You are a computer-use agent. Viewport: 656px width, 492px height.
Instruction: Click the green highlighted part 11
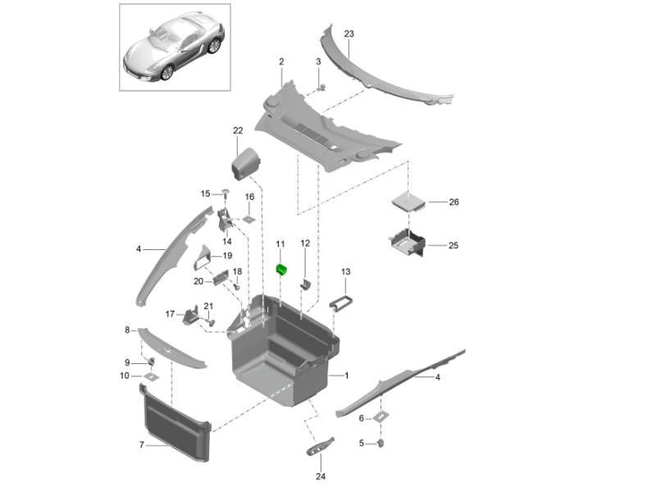click(x=281, y=270)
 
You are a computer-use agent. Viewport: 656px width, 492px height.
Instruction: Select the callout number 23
click(x=348, y=34)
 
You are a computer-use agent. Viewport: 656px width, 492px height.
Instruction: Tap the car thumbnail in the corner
click(x=173, y=46)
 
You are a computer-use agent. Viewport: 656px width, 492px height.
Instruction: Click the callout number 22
click(x=238, y=130)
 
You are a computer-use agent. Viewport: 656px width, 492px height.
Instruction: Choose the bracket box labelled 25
click(x=408, y=243)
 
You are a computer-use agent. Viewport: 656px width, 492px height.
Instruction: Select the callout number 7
click(x=142, y=444)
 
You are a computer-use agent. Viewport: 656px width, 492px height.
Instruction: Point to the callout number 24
click(x=321, y=476)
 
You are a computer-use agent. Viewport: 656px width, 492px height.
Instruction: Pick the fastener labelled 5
click(x=382, y=444)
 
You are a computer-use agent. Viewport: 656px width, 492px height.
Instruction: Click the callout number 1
click(x=347, y=376)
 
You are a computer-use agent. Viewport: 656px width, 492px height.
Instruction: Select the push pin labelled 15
click(x=223, y=193)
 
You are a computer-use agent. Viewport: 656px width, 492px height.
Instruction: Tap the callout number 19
click(x=228, y=256)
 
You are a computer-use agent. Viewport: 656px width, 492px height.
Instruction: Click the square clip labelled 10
click(x=151, y=376)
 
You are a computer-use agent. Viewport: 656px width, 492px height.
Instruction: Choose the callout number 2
click(x=281, y=61)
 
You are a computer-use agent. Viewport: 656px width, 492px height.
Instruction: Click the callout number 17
click(x=171, y=313)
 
